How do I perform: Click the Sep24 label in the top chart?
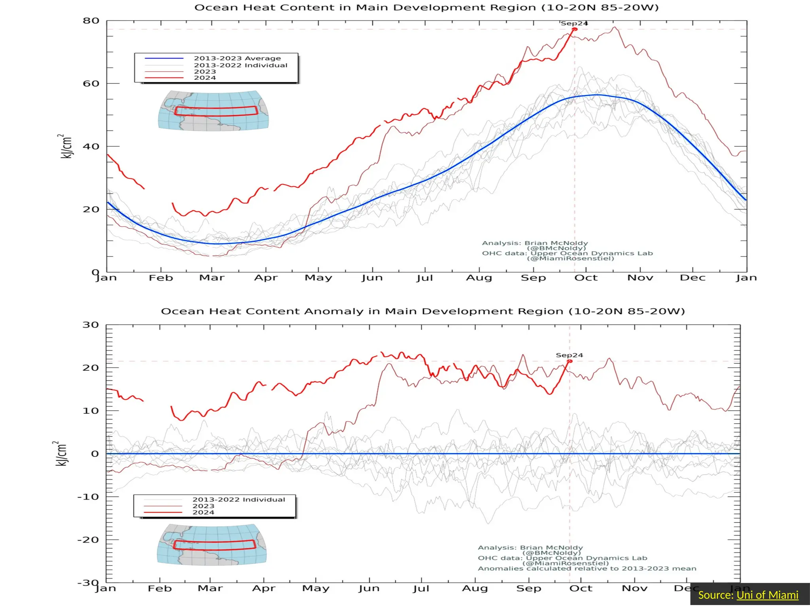tap(574, 23)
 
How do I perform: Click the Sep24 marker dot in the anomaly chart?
tap(570, 361)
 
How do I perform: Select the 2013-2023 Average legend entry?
tap(237, 58)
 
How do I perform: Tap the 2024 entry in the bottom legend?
tap(203, 512)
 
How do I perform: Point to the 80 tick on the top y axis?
tap(91, 21)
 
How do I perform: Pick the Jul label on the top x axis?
tap(425, 278)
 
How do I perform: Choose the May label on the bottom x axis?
tap(316, 588)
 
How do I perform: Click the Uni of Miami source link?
tap(767, 595)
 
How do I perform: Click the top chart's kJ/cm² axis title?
tap(66, 146)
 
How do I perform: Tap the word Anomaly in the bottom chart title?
tap(334, 311)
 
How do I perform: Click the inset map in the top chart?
tap(213, 111)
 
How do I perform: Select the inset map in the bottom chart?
tap(212, 545)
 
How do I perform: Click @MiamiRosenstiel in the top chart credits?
tap(570, 258)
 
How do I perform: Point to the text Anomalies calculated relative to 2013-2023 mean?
tap(587, 569)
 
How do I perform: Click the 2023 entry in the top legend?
tap(205, 72)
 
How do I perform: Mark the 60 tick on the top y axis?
tap(91, 83)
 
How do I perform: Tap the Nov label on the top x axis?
tap(640, 278)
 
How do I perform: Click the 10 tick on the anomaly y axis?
tap(91, 411)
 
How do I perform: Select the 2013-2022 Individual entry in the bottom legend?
tap(238, 500)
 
